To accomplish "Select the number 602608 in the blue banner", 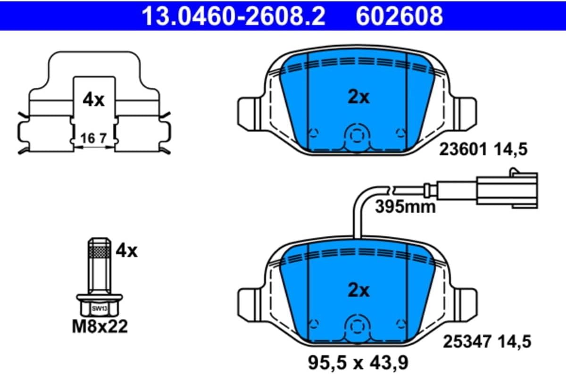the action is (399, 16).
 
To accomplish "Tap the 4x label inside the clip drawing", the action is (93, 100).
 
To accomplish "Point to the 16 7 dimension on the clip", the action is (93, 138).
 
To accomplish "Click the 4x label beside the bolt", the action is (126, 251).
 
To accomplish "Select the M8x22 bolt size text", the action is (100, 326).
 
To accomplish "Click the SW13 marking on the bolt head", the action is (100, 308).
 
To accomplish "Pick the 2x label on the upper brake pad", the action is (358, 97).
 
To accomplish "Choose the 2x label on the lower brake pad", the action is (358, 291).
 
